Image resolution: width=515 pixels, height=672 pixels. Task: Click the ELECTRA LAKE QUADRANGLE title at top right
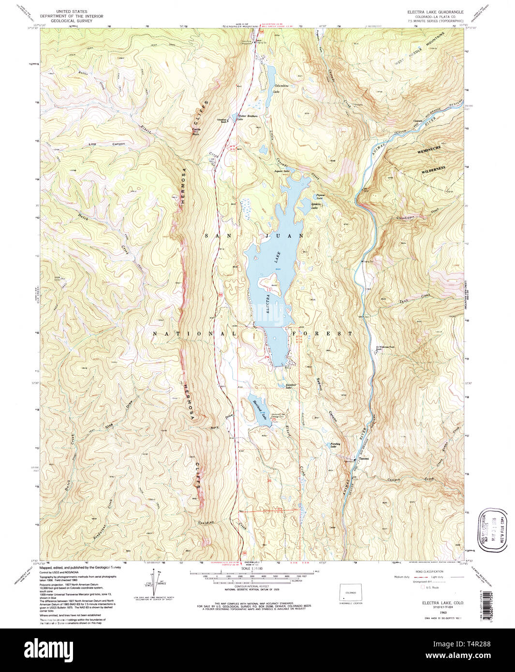click(x=436, y=12)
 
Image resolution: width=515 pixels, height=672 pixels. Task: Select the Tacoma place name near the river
click(x=364, y=459)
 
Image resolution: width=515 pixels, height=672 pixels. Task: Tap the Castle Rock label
click(x=196, y=131)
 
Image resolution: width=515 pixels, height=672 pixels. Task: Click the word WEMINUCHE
click(x=432, y=151)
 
